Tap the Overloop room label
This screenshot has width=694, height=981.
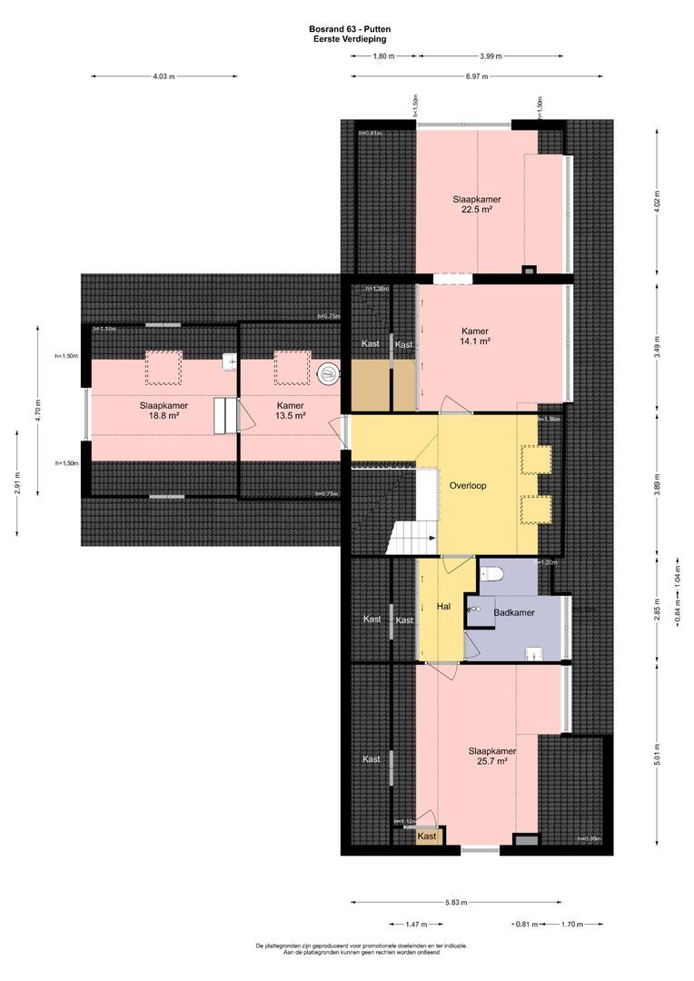(468, 486)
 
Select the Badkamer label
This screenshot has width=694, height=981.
(513, 613)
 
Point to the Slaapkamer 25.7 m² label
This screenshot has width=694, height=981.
(492, 757)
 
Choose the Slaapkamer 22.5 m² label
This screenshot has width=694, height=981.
(477, 204)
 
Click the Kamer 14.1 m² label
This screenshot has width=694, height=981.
(475, 337)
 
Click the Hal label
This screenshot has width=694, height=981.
(444, 607)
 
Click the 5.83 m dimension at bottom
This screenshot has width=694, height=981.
(457, 903)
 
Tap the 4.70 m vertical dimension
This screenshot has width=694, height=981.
(38, 410)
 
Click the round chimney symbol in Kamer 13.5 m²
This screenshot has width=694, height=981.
(327, 372)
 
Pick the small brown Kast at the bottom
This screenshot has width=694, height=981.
(427, 837)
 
